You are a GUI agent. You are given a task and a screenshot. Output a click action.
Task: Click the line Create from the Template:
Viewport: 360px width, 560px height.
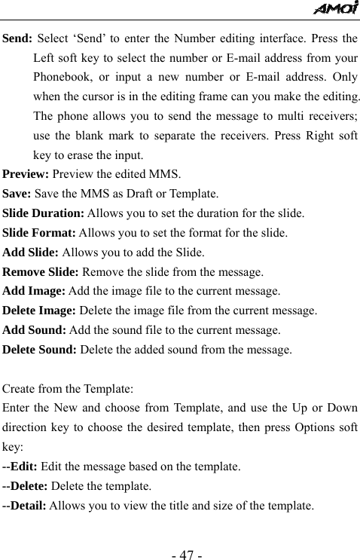coord(69,390)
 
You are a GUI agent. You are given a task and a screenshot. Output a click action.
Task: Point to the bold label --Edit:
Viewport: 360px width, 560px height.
coord(21,467)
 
